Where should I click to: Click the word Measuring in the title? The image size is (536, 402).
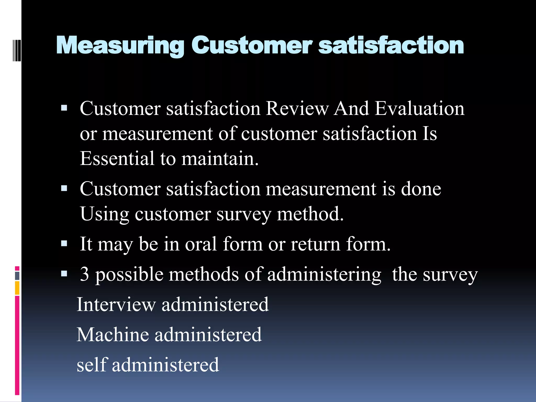(x=120, y=46)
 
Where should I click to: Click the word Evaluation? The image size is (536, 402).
(x=419, y=108)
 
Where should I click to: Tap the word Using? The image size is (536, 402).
(x=104, y=214)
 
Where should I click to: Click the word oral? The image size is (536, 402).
(x=201, y=244)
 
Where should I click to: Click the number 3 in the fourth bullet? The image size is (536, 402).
(x=84, y=274)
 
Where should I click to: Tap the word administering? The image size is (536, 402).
(x=324, y=275)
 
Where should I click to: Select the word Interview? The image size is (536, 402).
(x=116, y=304)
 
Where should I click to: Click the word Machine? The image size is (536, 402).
(x=113, y=334)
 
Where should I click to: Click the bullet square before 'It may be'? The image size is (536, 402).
(x=64, y=244)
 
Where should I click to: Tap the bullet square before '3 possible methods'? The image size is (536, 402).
(x=64, y=274)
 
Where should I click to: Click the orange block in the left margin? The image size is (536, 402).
(x=17, y=288)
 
